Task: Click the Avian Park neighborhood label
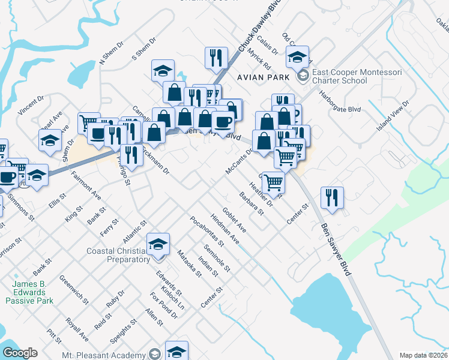click(x=263, y=77)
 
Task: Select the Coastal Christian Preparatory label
click(x=118, y=255)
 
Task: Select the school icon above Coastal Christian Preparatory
click(x=158, y=244)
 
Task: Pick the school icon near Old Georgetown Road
click(x=297, y=58)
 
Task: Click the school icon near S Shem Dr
click(x=163, y=71)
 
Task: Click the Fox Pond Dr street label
click(x=164, y=305)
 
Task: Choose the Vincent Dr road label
click(x=32, y=104)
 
